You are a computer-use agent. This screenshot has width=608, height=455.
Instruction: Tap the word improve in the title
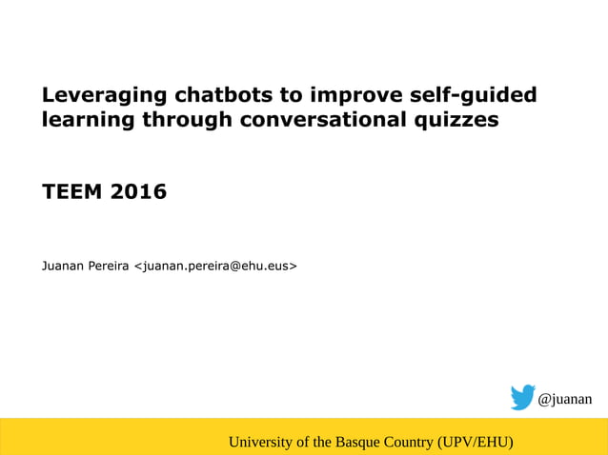(x=353, y=95)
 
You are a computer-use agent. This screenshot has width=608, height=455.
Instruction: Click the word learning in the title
(x=89, y=121)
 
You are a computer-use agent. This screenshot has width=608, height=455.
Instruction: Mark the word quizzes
(x=462, y=121)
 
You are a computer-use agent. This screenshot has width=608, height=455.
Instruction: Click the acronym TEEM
(x=72, y=192)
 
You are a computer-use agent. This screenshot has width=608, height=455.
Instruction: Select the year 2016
(x=138, y=192)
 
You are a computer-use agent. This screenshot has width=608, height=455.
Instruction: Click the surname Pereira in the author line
(x=111, y=265)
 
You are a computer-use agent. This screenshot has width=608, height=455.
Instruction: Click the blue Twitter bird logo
(x=522, y=398)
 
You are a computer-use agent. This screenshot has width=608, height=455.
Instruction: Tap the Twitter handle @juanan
(x=565, y=399)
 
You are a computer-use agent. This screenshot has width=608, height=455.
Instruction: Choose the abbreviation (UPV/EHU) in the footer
(x=476, y=442)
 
